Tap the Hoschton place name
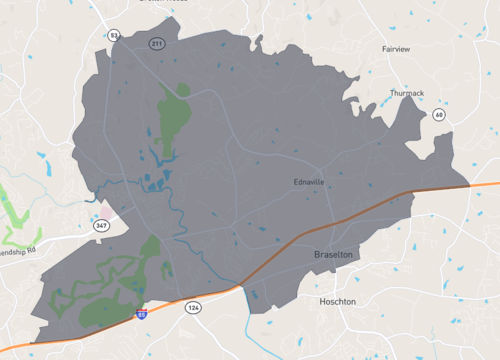pyautogui.click(x=337, y=301)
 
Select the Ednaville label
pyautogui.click(x=309, y=182)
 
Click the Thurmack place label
pyautogui.click(x=407, y=93)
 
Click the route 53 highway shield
pyautogui.click(x=114, y=35)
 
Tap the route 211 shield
pyautogui.click(x=157, y=43)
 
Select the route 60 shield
pyautogui.click(x=439, y=115)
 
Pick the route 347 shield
pyautogui.click(x=102, y=227)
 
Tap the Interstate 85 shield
pyautogui.click(x=141, y=315)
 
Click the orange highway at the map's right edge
pyautogui.click(x=485, y=184)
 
